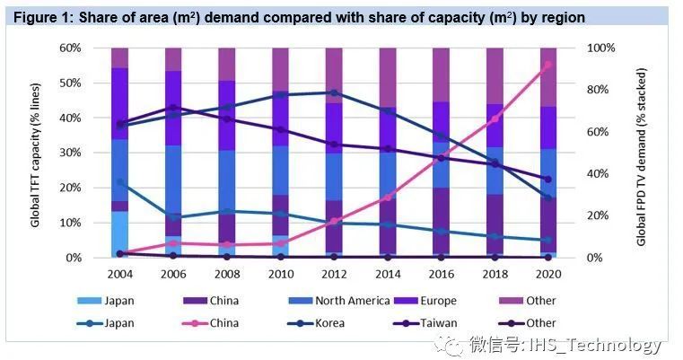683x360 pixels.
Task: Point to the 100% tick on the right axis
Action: click(x=601, y=48)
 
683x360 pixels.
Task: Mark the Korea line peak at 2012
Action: click(x=334, y=92)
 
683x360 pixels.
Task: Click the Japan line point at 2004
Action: click(x=120, y=182)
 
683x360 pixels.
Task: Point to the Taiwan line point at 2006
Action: click(x=173, y=108)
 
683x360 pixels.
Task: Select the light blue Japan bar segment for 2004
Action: click(x=120, y=233)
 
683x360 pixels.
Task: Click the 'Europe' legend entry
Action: click(x=437, y=301)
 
